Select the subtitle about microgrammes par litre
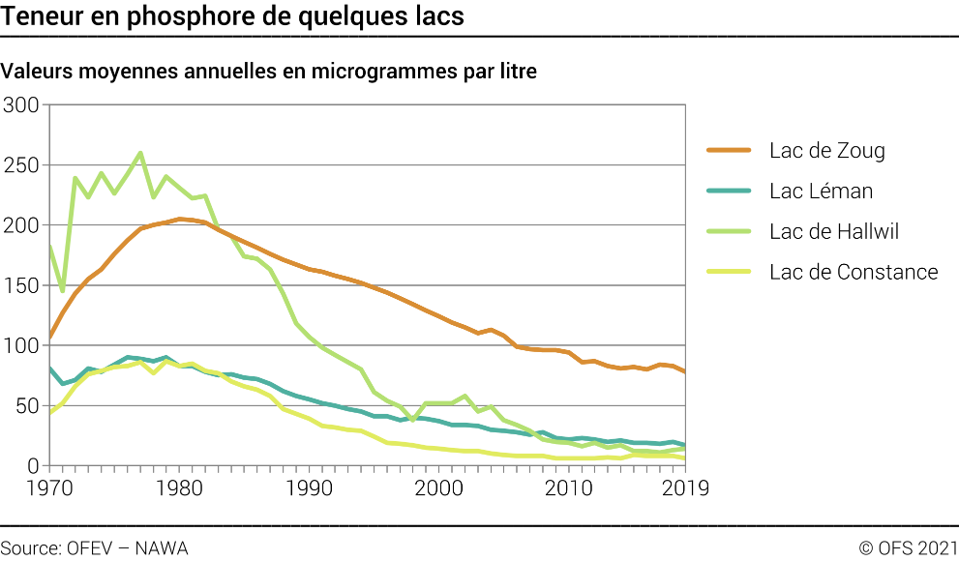269,72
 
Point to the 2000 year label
441,488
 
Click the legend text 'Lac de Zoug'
827,151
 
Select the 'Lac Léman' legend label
822,192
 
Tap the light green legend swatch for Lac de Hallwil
730,231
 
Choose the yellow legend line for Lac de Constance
730,272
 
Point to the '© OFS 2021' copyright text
908,548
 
